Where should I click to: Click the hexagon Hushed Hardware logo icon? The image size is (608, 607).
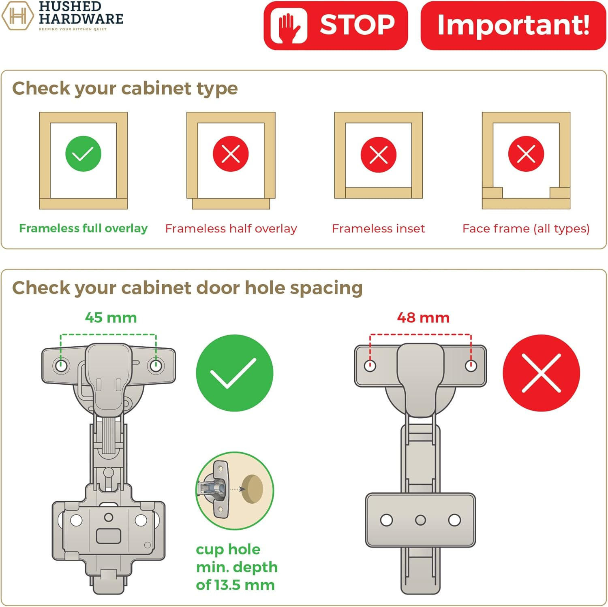coord(17,16)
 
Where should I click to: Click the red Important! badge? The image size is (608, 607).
coord(513,26)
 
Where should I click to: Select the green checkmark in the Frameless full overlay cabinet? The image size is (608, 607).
coord(83,154)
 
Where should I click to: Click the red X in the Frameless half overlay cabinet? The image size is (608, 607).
coord(231,154)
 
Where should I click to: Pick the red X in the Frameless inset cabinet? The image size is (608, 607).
coord(379,155)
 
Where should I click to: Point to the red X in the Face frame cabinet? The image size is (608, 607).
coord(526,154)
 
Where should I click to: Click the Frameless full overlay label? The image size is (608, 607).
coord(83,228)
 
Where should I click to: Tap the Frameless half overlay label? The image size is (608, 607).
coord(231,229)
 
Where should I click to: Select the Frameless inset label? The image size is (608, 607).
coord(378,229)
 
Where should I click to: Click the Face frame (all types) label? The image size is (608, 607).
coord(526,229)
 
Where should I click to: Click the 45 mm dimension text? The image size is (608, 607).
coord(111,318)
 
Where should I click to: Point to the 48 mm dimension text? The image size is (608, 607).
coord(423,318)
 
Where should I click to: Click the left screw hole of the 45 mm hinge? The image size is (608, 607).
coord(61,366)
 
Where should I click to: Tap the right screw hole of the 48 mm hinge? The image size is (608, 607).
coord(471,366)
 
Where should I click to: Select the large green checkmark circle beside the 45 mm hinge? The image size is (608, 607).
coord(234,373)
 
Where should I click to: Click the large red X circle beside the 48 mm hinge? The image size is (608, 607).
coord(541,373)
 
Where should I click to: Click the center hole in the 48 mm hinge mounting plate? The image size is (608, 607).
coord(420,520)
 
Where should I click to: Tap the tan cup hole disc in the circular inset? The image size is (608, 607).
coord(253,489)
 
